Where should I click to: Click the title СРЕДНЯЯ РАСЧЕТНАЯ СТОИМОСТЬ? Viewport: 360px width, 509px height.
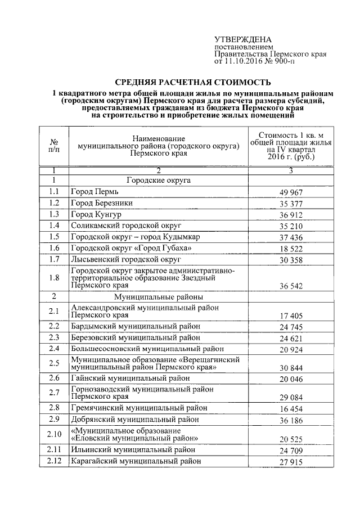pos(193,82)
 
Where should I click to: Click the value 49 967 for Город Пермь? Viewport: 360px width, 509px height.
pos(292,193)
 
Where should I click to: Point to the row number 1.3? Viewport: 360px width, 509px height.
pos(53,214)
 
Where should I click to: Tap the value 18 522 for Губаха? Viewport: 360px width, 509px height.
pos(292,249)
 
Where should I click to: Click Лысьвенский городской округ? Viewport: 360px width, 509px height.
pos(125,259)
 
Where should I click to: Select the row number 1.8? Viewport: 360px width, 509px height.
pos(53,277)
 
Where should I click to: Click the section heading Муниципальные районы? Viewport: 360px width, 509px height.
pos(158,296)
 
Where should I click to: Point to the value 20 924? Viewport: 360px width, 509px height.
pos(292,349)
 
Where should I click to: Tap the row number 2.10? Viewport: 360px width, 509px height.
pos(53,434)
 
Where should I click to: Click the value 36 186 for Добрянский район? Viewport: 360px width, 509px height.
pos(292,420)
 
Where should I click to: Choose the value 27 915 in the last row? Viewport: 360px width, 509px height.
pos(292,463)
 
